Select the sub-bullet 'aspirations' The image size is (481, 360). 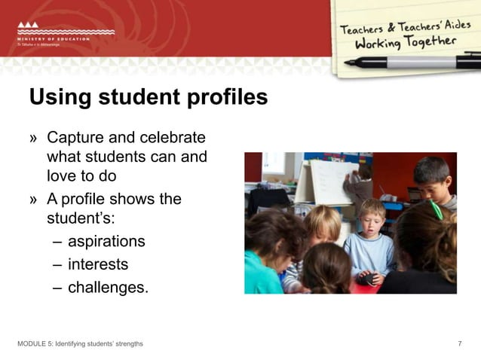106,242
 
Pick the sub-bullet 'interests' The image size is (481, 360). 98,264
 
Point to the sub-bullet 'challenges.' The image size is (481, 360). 108,287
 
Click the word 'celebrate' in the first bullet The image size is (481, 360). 173,138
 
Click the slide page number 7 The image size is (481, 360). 460,344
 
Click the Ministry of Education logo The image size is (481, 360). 64,35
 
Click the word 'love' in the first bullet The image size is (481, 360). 63,177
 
